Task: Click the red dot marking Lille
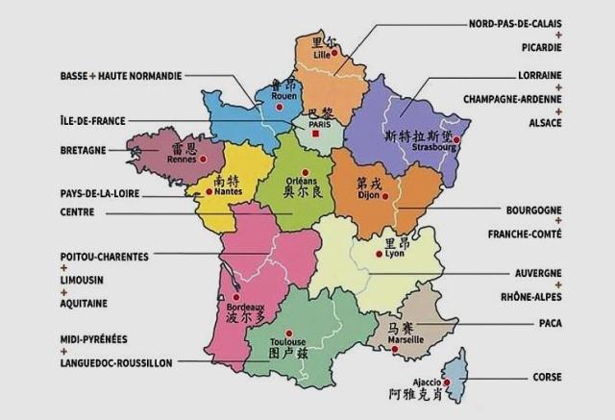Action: pyautogui.click(x=332, y=54)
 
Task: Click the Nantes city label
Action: pyautogui.click(x=229, y=191)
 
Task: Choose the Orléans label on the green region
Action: pyautogui.click(x=303, y=182)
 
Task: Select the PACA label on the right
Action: pyautogui.click(x=550, y=323)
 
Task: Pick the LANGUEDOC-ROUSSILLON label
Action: pyautogui.click(x=115, y=362)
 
